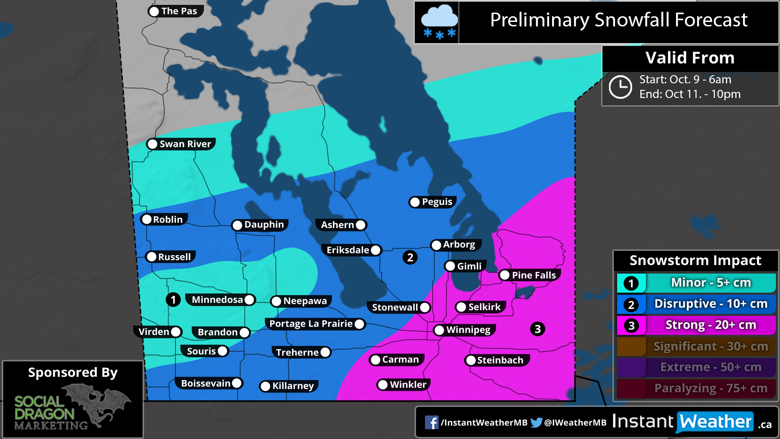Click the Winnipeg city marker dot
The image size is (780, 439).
(x=439, y=330)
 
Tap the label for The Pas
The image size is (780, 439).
(x=179, y=11)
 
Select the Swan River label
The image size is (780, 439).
(x=185, y=144)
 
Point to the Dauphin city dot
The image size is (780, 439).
(x=237, y=225)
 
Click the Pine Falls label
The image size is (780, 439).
(x=533, y=275)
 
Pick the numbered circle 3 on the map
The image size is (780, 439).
(x=537, y=329)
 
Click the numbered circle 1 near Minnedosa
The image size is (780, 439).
(x=173, y=300)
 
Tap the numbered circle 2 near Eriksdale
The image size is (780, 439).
(x=410, y=257)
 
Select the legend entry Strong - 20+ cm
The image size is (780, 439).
(x=710, y=325)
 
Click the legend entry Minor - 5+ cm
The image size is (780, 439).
(x=710, y=283)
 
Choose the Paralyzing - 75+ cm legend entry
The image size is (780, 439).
(x=710, y=388)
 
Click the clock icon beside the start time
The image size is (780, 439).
(x=620, y=87)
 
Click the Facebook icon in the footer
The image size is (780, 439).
(x=431, y=422)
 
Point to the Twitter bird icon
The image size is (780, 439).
(x=536, y=422)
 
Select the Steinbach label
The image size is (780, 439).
(x=500, y=360)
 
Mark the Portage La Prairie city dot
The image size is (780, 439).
(x=359, y=324)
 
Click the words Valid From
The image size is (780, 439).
(x=690, y=58)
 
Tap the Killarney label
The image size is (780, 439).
(x=293, y=386)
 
